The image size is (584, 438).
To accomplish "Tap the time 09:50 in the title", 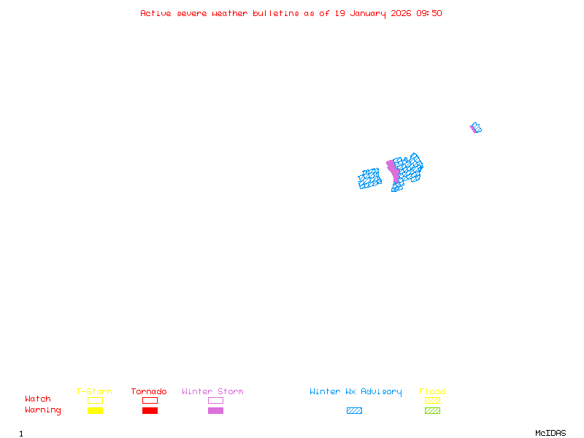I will tap(429, 13).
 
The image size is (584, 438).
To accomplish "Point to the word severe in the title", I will tap(193, 13).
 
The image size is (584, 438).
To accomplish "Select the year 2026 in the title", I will tap(401, 13).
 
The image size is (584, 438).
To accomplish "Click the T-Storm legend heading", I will tap(94, 392).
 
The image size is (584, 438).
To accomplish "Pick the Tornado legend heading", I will tap(149, 392).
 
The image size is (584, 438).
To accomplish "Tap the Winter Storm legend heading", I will tap(212, 392).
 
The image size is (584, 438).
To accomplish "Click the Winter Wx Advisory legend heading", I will tap(356, 392).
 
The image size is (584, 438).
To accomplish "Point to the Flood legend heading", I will tap(432, 392).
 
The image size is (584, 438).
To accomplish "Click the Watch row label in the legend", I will tap(38, 399).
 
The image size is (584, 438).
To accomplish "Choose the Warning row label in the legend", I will tap(43, 410).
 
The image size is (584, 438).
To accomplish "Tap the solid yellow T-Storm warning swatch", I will tap(95, 411).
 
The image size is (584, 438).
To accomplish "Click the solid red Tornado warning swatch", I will tap(150, 411).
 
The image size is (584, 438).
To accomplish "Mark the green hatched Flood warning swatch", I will tap(432, 411).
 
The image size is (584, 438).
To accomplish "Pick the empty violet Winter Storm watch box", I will tap(215, 400).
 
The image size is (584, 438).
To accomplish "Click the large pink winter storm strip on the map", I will tap(393, 171).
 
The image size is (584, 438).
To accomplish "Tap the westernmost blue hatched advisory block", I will tap(370, 179).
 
